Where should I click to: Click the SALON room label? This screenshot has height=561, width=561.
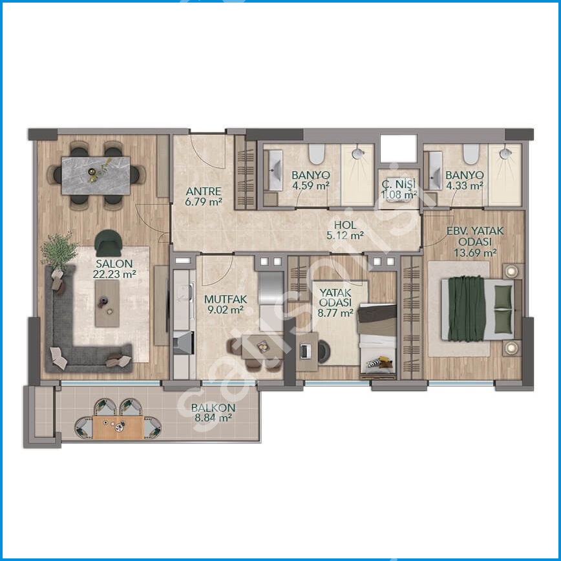pos(114,269)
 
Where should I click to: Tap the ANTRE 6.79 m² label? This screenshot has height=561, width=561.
pos(204,196)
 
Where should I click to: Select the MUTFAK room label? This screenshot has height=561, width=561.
pos(226,304)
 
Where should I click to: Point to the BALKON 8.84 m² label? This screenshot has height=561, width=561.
pos(213,412)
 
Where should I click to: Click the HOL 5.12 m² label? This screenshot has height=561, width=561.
pos(345,230)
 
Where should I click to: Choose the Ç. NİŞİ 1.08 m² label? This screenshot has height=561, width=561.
pos(399,189)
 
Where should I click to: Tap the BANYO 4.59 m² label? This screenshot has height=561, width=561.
pos(310,180)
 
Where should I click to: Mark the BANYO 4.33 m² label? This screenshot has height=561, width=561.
pos(465,180)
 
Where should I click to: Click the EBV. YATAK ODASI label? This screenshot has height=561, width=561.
pos(475,236)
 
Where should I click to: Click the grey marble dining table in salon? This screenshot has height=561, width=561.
pos(96,176)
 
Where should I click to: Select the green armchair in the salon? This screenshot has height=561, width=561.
pos(109,243)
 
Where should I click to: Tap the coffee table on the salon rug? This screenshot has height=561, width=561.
pos(107,303)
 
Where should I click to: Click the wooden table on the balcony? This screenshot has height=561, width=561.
pos(118,427)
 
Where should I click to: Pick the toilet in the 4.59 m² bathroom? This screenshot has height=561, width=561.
pos(317,153)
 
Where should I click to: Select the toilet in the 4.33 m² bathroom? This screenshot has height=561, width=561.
pos(471,153)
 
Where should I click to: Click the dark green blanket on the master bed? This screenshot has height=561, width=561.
pos(466,308)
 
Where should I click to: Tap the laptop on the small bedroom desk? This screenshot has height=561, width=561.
pos(304,352)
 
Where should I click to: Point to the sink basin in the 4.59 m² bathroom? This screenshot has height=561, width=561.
pos(275,170)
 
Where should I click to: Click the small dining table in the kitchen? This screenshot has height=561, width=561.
pos(262,347)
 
